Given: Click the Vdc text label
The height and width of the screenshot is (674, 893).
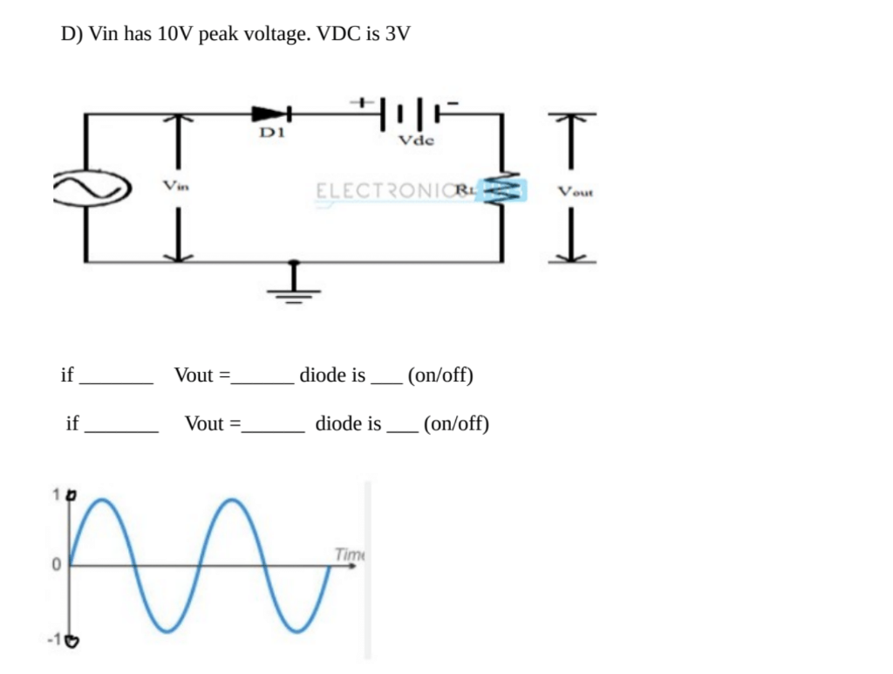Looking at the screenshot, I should (415, 140).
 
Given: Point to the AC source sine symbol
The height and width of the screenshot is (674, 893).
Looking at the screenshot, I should (91, 189).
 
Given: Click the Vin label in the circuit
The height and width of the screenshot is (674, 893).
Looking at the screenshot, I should (176, 185).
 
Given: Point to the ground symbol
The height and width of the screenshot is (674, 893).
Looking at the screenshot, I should (294, 287).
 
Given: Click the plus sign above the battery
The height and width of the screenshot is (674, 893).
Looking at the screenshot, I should (359, 103).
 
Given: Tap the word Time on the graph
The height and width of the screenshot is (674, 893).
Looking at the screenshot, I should (349, 554).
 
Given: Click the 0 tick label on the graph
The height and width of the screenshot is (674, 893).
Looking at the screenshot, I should (54, 566).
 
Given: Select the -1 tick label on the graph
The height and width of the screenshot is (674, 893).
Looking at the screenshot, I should (56, 641).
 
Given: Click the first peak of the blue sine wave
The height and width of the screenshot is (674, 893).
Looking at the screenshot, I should (103, 500).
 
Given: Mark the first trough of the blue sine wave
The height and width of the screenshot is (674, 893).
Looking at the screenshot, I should (167, 629).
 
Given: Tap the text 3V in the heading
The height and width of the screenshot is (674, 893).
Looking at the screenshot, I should (397, 35).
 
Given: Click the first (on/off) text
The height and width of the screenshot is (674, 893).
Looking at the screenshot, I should (440, 375).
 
